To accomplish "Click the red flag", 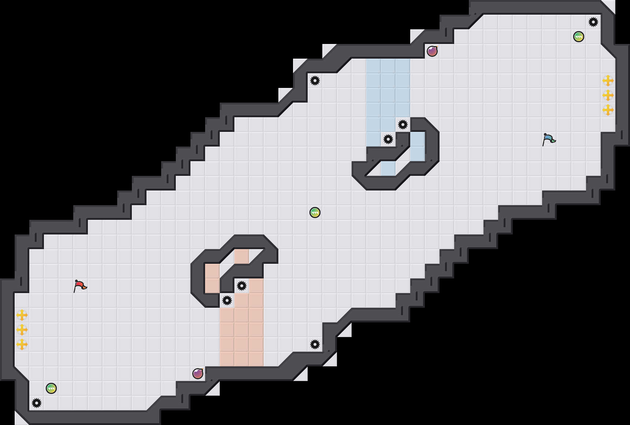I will point(80,286).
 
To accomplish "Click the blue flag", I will point(549,139).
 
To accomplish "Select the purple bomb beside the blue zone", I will point(432,51).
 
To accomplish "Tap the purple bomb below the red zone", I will point(198,374).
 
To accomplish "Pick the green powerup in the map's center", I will point(315,212).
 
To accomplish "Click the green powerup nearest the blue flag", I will point(579,37).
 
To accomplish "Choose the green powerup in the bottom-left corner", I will point(51,388).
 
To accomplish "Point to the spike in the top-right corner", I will point(593,22).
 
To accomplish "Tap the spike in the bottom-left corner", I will point(37,403).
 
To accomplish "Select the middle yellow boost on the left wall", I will point(22,330).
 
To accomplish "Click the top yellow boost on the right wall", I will point(608,81).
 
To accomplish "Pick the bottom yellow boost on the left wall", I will point(22,344).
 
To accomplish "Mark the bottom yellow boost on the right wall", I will point(608,110).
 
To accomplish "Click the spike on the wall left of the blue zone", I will point(315,81).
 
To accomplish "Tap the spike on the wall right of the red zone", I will point(315,344).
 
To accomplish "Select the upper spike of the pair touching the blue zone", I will point(403,125).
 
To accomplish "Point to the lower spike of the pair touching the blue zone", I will point(388,139).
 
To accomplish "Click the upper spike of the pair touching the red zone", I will point(242,286).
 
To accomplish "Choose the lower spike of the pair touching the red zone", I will point(227,300).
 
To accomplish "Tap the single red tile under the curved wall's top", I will point(242,256).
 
